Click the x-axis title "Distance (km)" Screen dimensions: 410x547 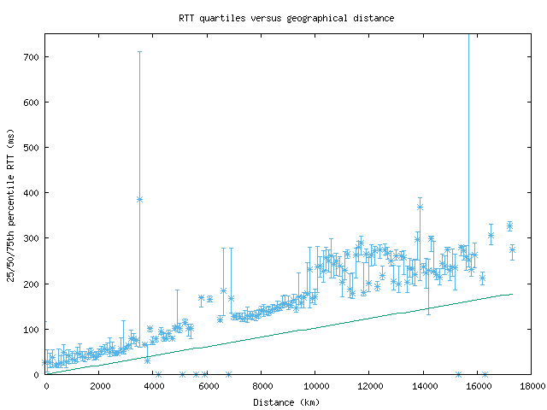[x=285, y=401]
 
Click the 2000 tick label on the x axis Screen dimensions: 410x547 [x=99, y=385]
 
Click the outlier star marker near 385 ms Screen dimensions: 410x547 [x=139, y=200]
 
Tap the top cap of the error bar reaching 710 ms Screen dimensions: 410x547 [x=139, y=52]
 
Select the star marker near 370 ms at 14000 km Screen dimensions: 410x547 [x=420, y=207]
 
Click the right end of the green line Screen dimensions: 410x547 [x=511, y=294]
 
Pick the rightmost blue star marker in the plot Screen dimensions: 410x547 [x=512, y=249]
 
